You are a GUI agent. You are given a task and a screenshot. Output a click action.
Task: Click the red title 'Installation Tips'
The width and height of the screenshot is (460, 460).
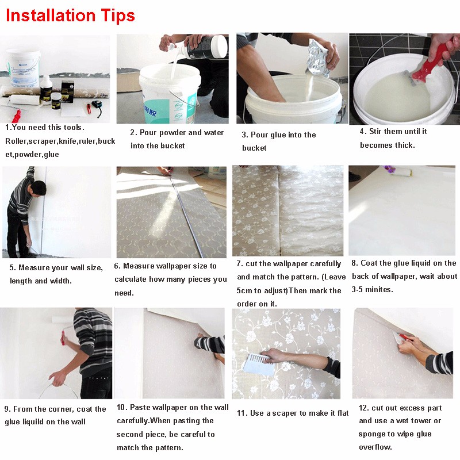[70, 16]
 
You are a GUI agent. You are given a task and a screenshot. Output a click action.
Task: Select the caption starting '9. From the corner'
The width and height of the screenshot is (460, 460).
[55, 409]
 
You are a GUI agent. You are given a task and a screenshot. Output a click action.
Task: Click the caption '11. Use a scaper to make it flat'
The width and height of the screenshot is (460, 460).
[293, 413]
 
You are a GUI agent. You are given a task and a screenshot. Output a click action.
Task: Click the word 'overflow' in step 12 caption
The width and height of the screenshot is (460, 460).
[375, 447]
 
